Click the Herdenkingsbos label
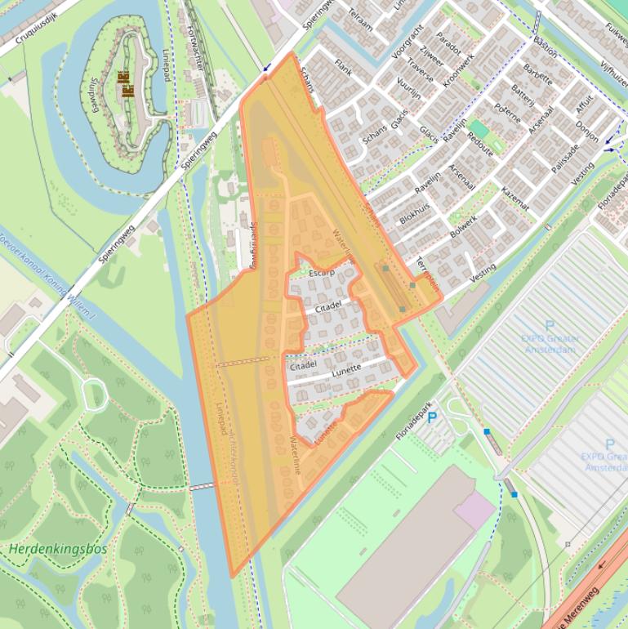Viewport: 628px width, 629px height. pos(58,549)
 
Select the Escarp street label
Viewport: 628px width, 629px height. pos(323,273)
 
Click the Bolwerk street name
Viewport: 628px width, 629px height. pos(463,226)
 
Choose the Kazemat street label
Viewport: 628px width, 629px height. pos(515,199)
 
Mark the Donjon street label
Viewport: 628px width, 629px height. pos(586,130)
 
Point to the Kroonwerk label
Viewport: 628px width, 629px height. pos(458,73)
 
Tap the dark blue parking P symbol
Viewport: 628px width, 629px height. pos(432,417)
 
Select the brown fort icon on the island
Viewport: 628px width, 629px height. pos(126,84)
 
